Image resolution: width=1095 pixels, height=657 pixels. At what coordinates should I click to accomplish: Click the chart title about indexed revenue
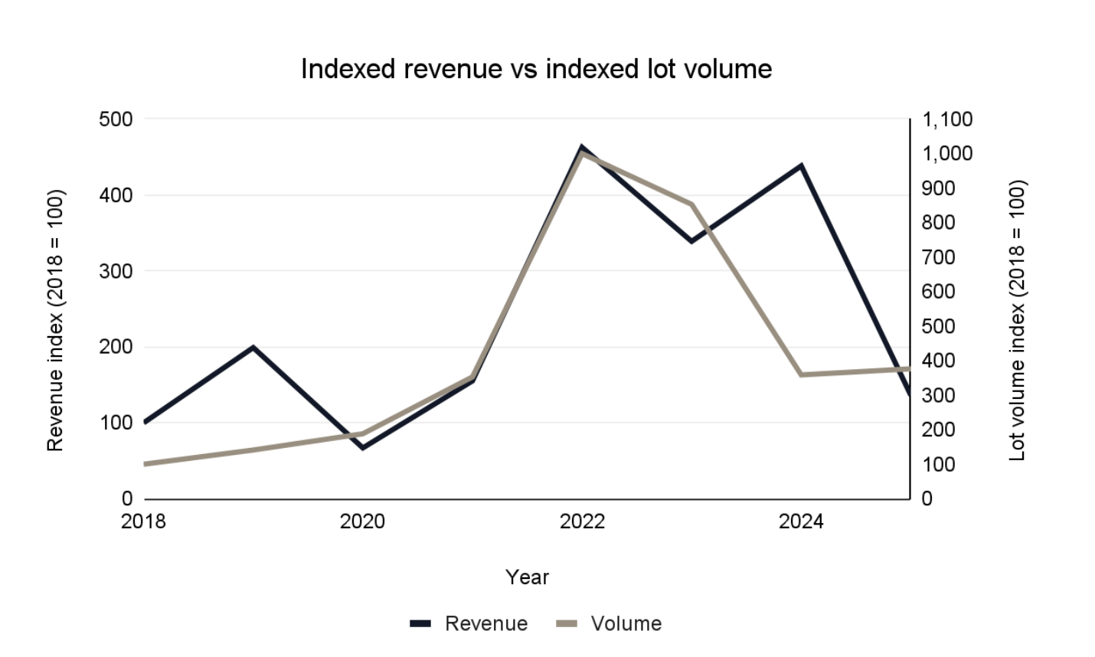point(536,69)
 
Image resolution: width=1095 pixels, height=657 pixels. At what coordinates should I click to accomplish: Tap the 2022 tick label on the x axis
point(582,521)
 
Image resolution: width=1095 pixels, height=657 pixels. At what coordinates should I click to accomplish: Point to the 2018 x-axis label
point(143,521)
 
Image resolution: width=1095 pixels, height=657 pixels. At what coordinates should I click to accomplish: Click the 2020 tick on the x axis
point(362,521)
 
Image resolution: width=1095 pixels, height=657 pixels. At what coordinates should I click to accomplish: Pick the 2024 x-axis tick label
point(801,521)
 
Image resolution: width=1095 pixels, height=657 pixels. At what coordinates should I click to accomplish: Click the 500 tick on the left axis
point(116,119)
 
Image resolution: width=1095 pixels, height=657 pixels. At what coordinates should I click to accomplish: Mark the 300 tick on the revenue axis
point(116,271)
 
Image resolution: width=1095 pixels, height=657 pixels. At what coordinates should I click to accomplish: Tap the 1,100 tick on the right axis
point(947,119)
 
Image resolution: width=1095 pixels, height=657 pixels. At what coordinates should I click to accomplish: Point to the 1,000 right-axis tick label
point(947,154)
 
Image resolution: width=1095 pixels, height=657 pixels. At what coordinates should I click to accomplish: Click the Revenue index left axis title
point(55,320)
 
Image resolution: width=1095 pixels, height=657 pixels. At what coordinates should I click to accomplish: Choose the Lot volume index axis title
point(1017,320)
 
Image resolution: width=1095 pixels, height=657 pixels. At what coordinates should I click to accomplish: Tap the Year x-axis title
point(527,577)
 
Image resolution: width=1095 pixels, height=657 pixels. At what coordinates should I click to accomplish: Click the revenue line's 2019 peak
point(253,348)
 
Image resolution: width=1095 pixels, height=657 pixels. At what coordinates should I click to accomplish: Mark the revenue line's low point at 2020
point(362,447)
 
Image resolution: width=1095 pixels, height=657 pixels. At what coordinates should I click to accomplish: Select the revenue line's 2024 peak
point(801,165)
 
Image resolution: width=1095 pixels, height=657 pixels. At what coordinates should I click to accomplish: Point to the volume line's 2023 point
point(691,204)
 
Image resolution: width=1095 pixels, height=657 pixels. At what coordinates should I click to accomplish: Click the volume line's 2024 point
point(801,374)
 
